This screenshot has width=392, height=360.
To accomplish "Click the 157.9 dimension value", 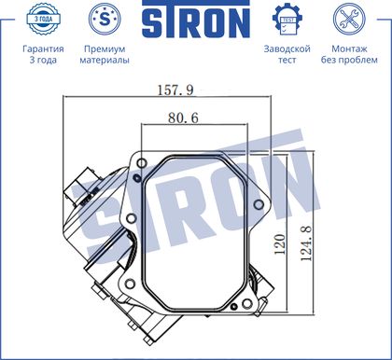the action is click(175, 90).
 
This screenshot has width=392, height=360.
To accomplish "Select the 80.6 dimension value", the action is click(183, 118).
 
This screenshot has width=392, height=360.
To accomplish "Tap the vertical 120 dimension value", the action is click(280, 244).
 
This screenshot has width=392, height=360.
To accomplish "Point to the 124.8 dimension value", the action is click(306, 243).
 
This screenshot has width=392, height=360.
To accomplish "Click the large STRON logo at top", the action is click(196, 20).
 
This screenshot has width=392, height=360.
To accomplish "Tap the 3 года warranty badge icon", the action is click(43, 19).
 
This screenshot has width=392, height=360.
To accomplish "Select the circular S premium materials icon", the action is click(105, 19).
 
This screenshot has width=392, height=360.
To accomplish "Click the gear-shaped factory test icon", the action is click(287, 19).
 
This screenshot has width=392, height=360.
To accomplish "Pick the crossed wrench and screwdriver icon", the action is click(349, 19).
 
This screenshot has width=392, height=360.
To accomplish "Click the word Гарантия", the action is click(43, 49).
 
